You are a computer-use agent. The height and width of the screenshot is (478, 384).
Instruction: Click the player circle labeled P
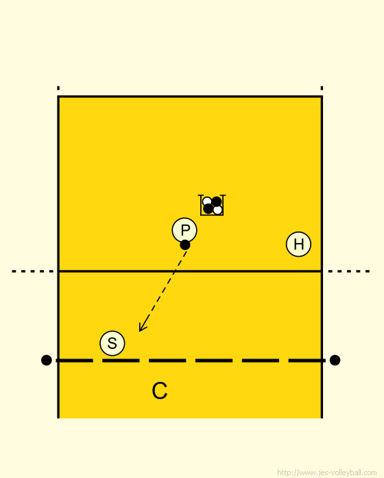(x=184, y=230)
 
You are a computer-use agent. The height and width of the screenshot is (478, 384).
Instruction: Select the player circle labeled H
(x=298, y=244)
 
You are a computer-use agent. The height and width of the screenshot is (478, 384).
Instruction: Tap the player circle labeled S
(x=112, y=343)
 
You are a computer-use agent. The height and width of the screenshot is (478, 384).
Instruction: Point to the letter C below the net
(x=160, y=391)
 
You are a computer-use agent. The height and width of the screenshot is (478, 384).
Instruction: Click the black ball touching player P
(x=185, y=244)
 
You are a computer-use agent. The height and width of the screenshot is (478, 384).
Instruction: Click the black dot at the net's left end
(x=46, y=360)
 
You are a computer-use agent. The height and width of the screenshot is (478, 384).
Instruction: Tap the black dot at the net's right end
(x=335, y=360)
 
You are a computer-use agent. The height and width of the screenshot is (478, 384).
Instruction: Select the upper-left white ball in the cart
(x=207, y=201)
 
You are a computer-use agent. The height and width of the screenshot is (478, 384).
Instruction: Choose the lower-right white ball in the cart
(x=217, y=210)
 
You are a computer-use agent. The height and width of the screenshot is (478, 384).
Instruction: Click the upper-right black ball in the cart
(x=216, y=201)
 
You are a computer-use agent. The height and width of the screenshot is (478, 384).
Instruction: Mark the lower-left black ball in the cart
(x=208, y=209)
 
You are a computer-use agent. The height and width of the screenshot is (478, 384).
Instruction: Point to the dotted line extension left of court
(x=32, y=271)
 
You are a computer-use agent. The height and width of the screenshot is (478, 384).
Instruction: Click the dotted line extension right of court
(x=349, y=271)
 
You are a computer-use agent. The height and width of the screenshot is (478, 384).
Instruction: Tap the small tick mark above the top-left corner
(x=58, y=88)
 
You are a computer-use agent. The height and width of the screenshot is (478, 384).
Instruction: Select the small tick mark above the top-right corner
(x=322, y=88)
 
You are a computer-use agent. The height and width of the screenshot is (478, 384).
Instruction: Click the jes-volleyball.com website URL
(x=327, y=473)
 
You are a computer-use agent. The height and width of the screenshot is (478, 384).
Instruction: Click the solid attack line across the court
(x=190, y=271)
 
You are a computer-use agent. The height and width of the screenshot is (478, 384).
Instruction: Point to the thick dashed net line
(x=191, y=361)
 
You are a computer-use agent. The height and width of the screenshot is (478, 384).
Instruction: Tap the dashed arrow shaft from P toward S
(x=163, y=290)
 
